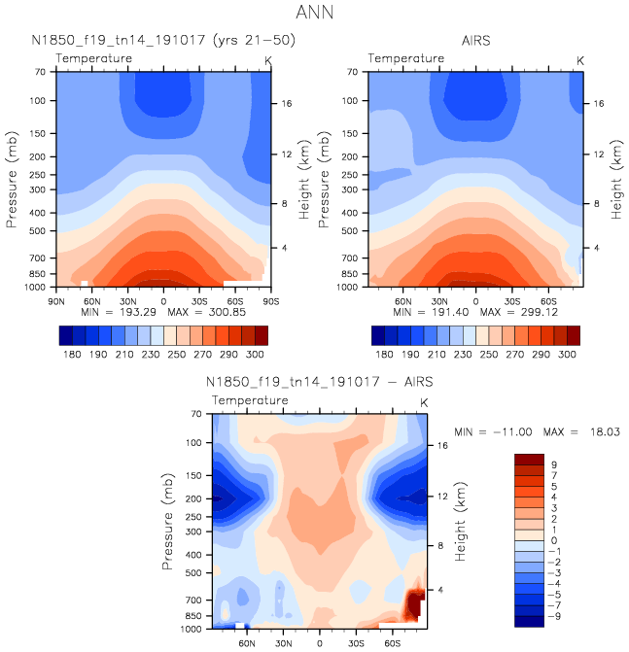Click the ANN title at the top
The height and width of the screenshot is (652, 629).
pyautogui.click(x=314, y=14)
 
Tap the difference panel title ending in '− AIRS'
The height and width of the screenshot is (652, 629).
pyautogui.click(x=320, y=383)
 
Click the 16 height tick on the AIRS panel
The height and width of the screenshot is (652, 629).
pyautogui.click(x=600, y=103)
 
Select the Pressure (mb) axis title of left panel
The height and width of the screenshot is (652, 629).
pyautogui.click(x=13, y=181)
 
